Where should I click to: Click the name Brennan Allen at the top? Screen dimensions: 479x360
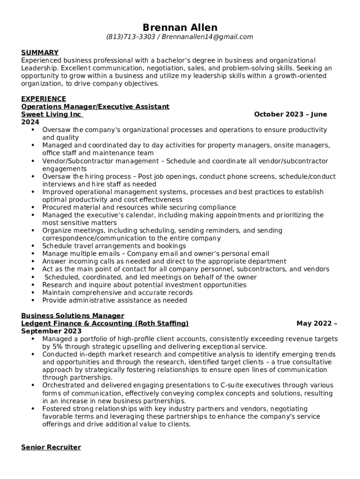click(x=180, y=27)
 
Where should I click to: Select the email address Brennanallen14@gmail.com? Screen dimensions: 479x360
click(x=208, y=37)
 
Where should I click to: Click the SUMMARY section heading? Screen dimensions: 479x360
click(x=40, y=52)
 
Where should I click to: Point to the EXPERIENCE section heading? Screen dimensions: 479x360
click(x=43, y=99)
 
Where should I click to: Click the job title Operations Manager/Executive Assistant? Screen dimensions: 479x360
click(x=95, y=107)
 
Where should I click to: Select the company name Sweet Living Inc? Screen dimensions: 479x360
click(x=51, y=114)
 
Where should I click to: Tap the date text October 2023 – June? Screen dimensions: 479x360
click(x=290, y=114)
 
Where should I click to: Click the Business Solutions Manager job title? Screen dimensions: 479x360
click(x=72, y=316)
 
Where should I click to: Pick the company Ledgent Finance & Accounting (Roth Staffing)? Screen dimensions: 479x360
click(x=105, y=323)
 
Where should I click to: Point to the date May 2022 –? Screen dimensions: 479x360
click(x=317, y=323)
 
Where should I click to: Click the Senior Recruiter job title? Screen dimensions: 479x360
click(x=51, y=447)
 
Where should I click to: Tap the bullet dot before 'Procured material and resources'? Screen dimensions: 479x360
click(x=33, y=207)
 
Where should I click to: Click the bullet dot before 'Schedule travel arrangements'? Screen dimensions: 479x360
click(x=33, y=246)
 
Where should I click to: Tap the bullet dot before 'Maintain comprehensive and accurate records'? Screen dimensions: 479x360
click(x=33, y=293)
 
